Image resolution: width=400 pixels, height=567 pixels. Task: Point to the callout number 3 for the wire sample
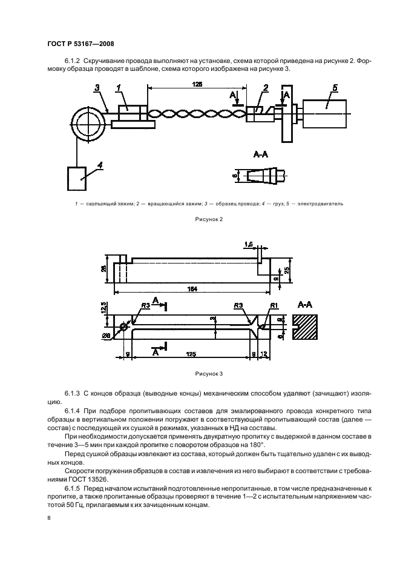coord(97,88)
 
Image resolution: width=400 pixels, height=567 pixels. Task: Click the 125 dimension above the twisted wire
coord(197,85)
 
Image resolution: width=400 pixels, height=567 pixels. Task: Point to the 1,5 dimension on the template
coord(249,244)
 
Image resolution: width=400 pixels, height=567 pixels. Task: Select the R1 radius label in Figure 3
coord(274,305)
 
